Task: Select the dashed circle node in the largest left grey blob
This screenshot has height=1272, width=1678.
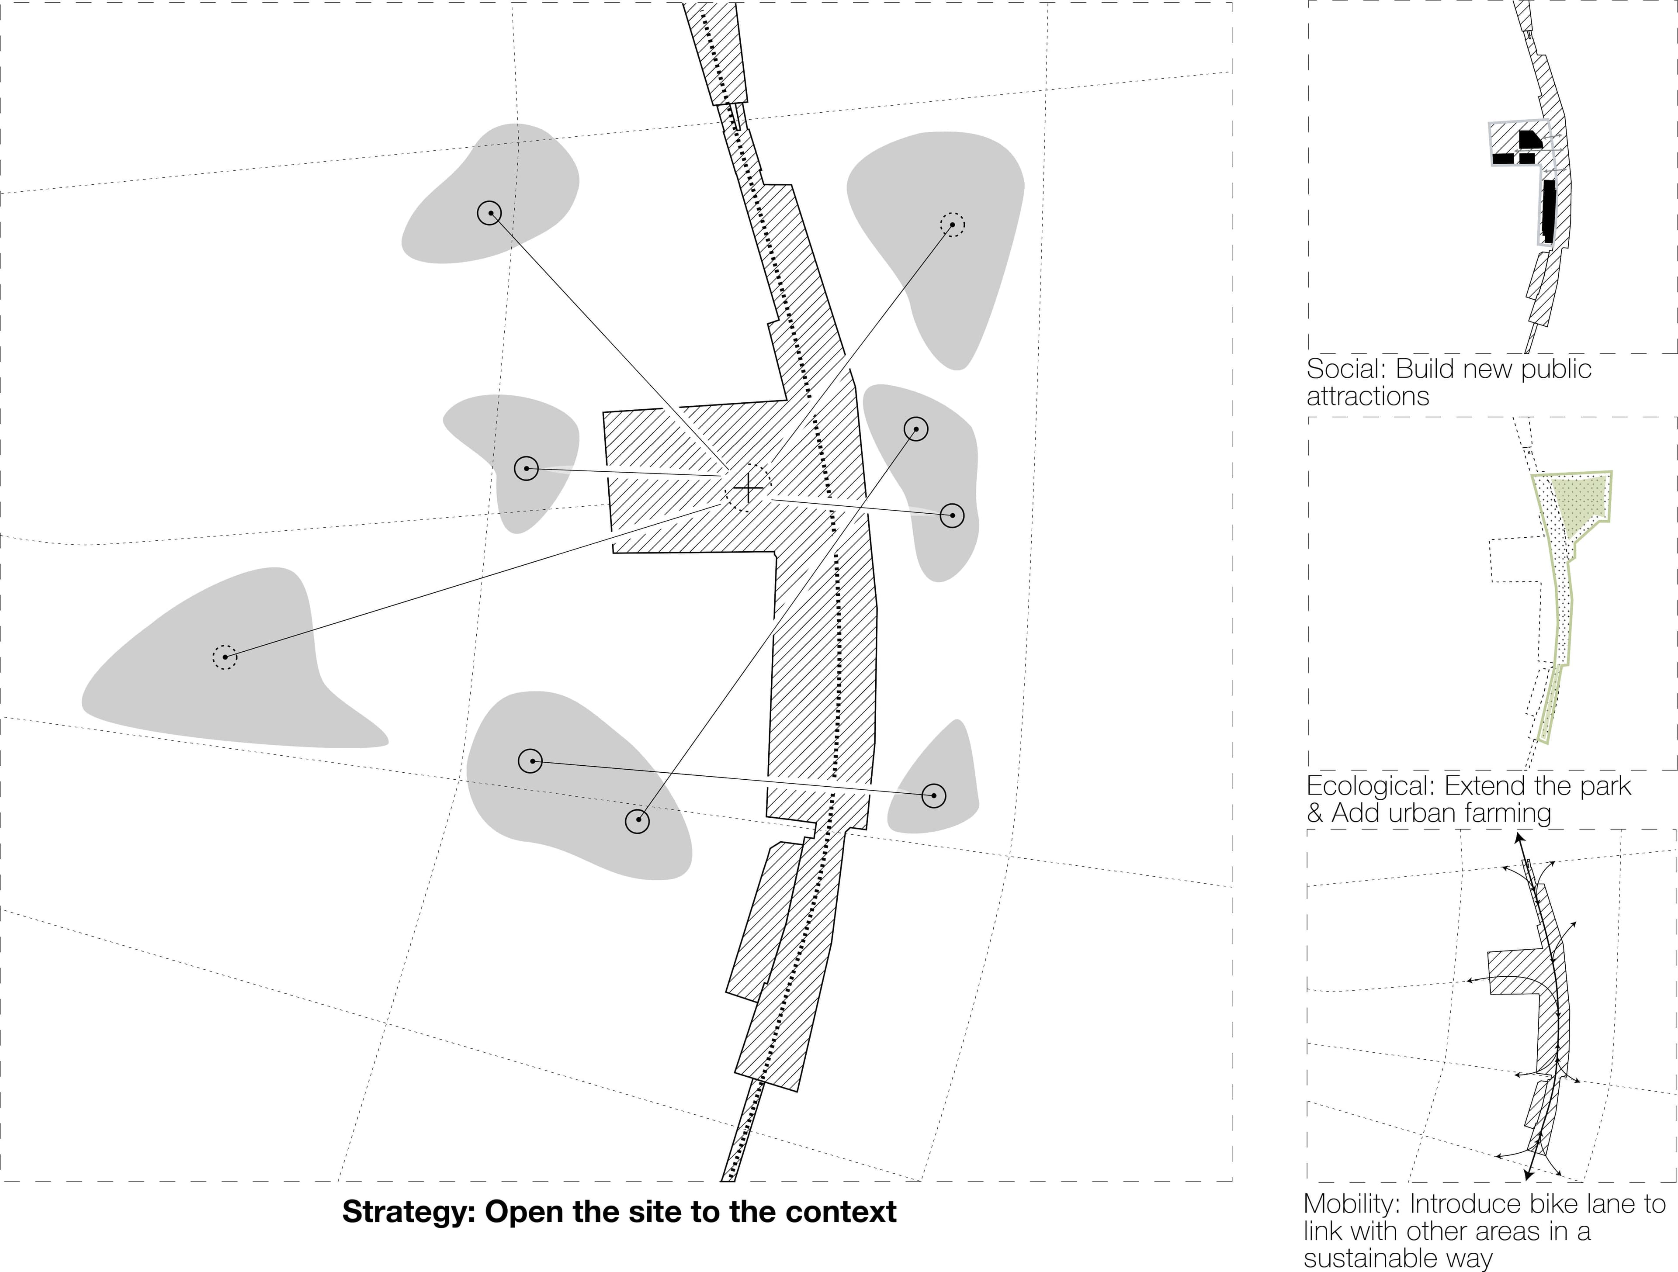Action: [225, 657]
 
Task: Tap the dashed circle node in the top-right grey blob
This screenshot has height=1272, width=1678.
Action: [952, 225]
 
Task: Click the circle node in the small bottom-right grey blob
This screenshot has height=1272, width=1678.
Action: [934, 796]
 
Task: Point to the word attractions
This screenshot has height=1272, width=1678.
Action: [1368, 396]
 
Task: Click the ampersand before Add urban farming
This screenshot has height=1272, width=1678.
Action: [1314, 813]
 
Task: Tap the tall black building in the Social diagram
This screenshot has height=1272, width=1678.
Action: [1548, 211]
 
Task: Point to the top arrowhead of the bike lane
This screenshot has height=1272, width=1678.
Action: [1519, 838]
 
